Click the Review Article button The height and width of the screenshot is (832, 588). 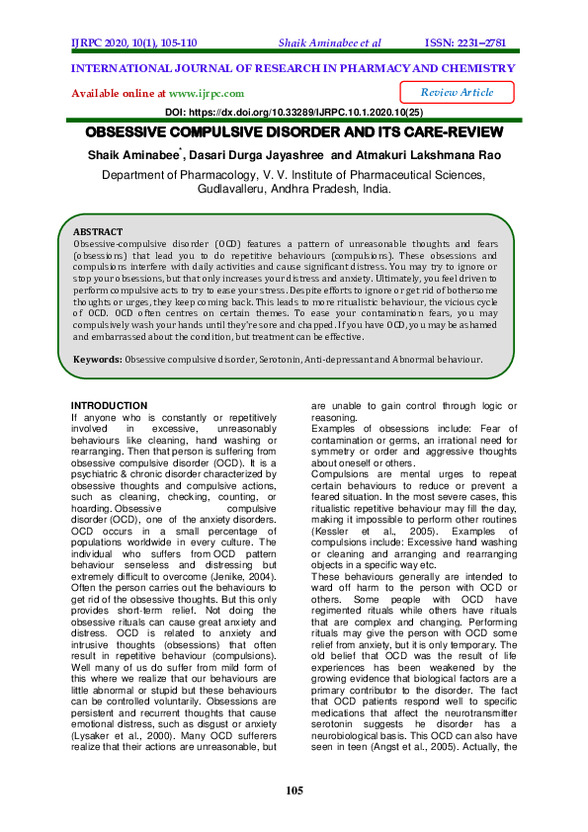coord(457,92)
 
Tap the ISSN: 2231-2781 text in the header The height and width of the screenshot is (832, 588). coord(467,42)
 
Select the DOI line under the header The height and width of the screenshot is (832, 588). coord(293,114)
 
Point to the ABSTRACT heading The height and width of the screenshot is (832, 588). coord(98,231)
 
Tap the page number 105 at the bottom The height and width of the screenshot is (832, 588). coord(294,790)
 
